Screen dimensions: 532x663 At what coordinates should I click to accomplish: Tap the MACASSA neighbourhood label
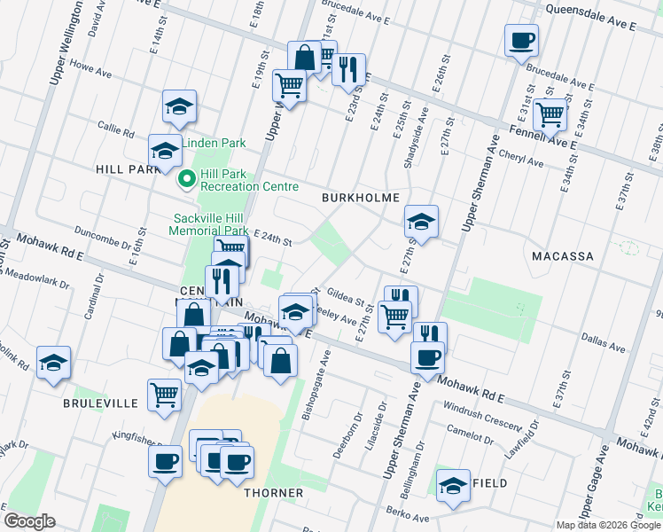(562, 255)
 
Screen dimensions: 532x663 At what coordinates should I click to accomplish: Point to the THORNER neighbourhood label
(275, 492)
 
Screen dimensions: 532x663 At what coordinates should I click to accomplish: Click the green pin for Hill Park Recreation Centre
(187, 180)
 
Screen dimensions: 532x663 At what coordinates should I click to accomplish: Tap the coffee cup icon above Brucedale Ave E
(521, 40)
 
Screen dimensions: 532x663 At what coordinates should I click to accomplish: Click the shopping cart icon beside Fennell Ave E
(550, 113)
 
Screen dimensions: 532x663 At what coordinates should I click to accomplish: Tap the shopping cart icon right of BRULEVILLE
(164, 395)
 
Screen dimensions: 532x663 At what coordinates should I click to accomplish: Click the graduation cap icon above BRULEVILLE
(53, 362)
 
